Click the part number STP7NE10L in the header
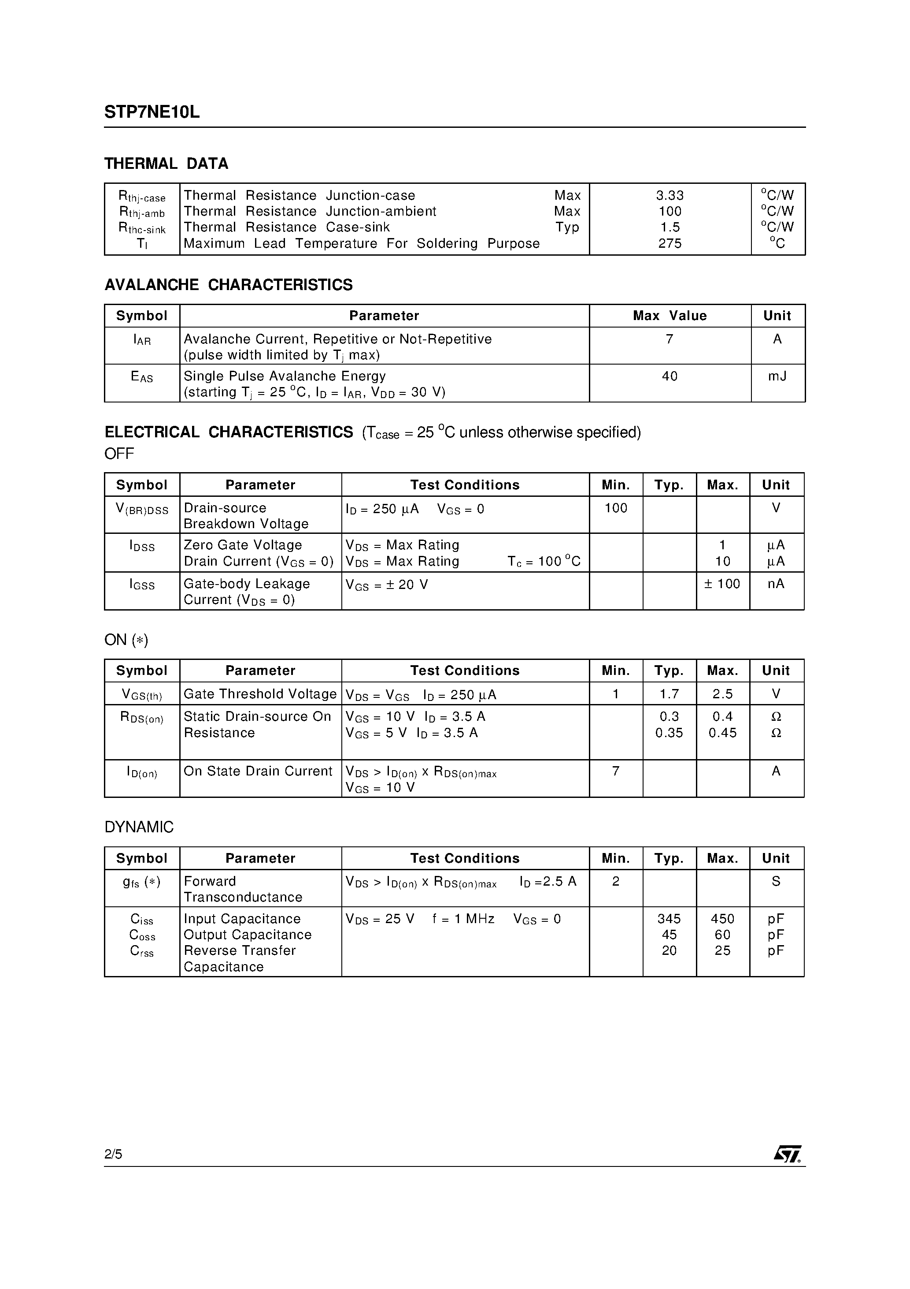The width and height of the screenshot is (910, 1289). point(152,112)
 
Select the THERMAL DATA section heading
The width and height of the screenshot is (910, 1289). point(166,164)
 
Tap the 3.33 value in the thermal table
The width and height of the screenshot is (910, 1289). point(670,195)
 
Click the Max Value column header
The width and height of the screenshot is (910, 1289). point(670,316)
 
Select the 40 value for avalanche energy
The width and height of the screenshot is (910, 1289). point(670,376)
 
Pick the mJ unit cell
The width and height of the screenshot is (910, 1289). point(777,376)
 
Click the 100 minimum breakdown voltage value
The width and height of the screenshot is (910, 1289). point(615,508)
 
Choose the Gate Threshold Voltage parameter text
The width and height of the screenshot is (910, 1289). point(260,694)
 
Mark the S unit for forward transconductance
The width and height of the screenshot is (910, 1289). point(776,881)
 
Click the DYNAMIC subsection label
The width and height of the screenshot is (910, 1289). point(139,827)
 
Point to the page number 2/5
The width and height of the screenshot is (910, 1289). point(113,1154)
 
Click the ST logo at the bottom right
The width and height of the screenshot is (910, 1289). point(788,1154)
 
